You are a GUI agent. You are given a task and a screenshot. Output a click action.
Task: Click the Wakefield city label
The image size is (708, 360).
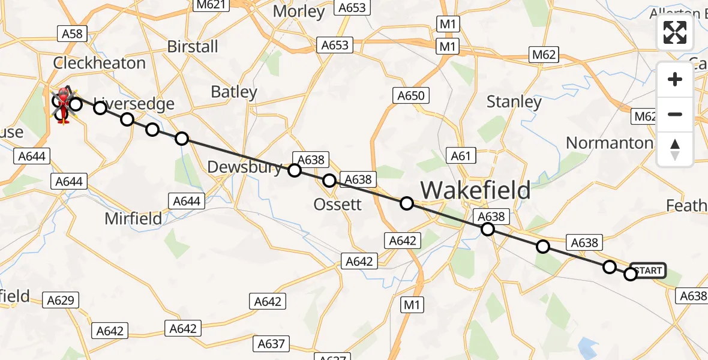[475, 190]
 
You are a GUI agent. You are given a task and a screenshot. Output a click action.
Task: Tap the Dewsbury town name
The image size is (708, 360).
[244, 167]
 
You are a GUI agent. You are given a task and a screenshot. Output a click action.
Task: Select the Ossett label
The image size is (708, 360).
[338, 205]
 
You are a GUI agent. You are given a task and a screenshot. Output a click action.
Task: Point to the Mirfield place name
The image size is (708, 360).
[133, 218]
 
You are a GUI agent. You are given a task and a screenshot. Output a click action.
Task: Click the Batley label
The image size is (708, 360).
[234, 92]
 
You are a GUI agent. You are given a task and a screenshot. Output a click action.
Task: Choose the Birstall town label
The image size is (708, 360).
[193, 47]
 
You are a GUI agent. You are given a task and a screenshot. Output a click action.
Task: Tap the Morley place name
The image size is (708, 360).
[298, 11]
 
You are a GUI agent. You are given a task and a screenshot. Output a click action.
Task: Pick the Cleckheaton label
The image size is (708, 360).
[99, 63]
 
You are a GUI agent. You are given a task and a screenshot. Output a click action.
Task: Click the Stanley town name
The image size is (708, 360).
[514, 102]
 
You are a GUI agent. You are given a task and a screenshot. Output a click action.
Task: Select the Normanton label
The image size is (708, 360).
[609, 143]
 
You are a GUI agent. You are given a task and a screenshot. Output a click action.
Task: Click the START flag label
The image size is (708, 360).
[647, 271]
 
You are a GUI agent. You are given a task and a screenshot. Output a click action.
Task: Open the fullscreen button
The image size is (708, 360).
[675, 32]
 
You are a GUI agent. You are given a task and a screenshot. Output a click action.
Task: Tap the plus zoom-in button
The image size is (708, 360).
[675, 79]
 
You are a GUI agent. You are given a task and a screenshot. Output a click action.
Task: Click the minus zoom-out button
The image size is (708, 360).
[675, 114]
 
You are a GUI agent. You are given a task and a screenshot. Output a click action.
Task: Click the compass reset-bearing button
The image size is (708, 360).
[675, 149]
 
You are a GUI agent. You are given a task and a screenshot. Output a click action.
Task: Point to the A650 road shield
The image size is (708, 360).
[410, 95]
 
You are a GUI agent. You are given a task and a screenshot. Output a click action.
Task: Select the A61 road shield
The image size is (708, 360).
[461, 156]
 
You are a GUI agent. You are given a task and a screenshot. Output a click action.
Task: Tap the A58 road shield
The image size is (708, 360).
[72, 34]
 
